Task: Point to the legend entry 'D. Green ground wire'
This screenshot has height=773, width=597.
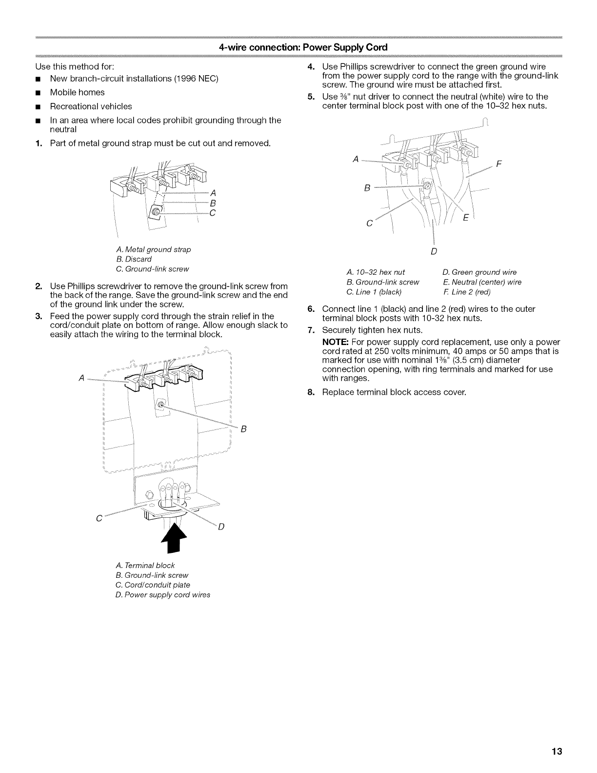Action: (479, 272)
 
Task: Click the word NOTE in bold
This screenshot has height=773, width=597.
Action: (334, 342)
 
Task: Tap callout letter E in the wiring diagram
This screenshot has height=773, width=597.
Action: (465, 219)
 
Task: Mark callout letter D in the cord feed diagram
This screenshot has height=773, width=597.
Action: (220, 527)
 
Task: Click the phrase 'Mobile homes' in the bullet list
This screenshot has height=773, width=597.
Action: (77, 92)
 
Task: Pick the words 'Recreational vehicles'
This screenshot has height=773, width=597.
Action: (91, 106)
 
